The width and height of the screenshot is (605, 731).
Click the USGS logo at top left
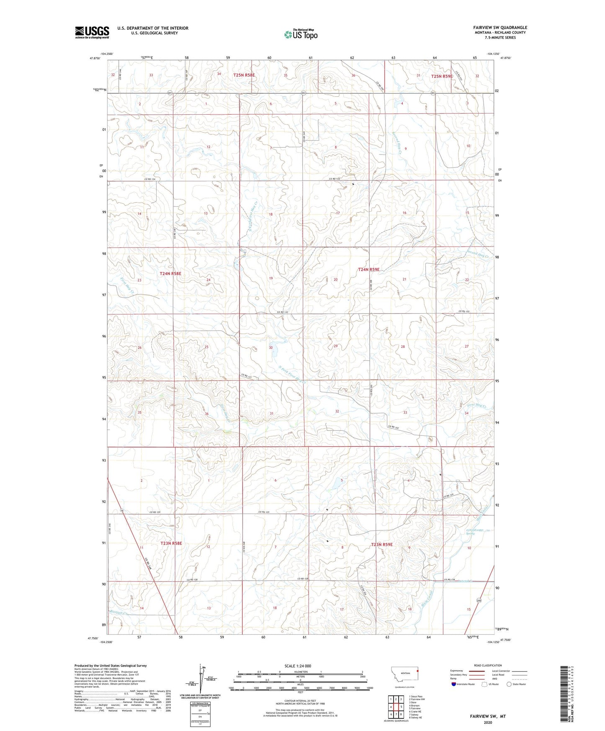point(92,32)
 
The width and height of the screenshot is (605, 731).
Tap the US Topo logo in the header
point(300,35)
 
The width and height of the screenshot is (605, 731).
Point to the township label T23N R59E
point(382,544)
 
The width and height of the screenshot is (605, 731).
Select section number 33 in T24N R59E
point(405,412)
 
